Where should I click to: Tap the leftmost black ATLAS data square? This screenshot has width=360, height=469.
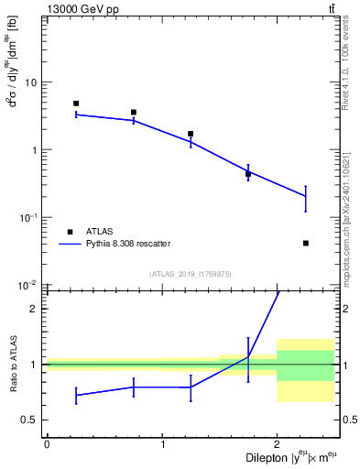(x=76, y=104)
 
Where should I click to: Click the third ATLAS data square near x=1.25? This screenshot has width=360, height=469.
(x=191, y=134)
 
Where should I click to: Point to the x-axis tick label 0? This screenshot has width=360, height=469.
(x=47, y=444)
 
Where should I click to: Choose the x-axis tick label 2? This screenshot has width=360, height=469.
(x=277, y=444)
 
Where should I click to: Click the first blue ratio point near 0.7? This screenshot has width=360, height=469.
(x=76, y=395)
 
